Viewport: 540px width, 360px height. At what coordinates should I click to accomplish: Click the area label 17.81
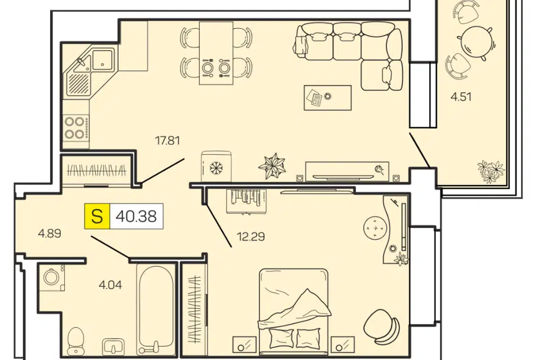click(168, 141)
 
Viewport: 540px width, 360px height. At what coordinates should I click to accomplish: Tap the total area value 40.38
click(136, 217)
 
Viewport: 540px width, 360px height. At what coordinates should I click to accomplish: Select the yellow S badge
click(97, 217)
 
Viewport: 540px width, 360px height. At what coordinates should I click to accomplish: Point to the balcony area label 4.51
click(461, 97)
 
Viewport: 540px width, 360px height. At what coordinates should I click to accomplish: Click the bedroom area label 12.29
click(251, 237)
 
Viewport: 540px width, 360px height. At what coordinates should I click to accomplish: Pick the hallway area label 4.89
click(49, 233)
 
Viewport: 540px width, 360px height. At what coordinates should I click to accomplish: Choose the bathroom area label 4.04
click(110, 285)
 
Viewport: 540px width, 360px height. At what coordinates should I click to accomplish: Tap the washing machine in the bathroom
click(52, 277)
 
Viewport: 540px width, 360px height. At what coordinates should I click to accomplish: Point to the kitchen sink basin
click(102, 59)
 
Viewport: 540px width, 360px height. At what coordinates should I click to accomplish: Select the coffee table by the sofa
click(327, 98)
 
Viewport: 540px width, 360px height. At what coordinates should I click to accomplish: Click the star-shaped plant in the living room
click(272, 166)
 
